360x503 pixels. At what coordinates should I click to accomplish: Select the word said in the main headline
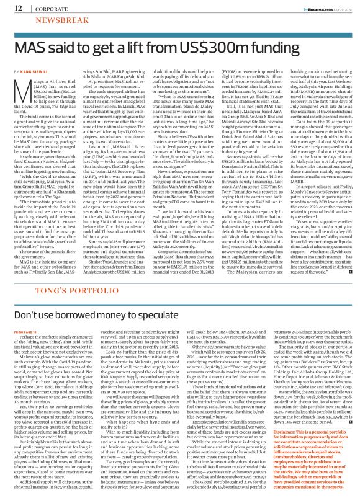point(66,48)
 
